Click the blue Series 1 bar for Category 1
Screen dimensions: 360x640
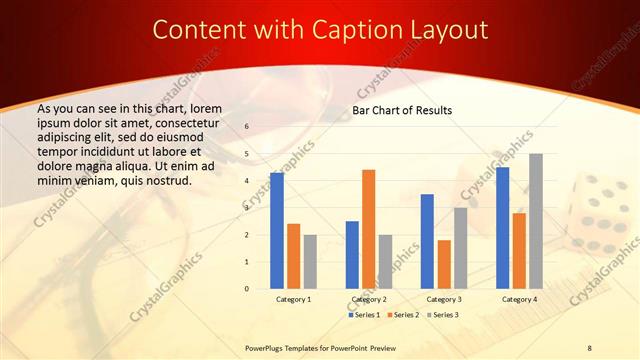point(276,231)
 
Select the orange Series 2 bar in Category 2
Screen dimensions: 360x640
point(368,229)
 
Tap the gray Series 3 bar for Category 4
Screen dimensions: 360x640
point(536,221)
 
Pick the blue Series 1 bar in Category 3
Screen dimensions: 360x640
point(427,241)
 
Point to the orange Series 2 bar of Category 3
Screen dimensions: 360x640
point(444,264)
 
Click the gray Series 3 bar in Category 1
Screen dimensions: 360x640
point(310,262)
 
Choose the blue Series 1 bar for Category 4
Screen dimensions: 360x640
point(502,228)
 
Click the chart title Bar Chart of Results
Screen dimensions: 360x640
point(402,110)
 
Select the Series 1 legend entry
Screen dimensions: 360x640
point(365,315)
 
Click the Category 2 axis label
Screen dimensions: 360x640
point(368,299)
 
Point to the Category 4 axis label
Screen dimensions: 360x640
point(519,299)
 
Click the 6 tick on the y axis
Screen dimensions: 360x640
point(247,127)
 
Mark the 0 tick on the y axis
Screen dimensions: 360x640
point(247,289)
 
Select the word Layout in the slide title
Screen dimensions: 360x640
point(446,29)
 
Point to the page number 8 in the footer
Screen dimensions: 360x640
point(590,347)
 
